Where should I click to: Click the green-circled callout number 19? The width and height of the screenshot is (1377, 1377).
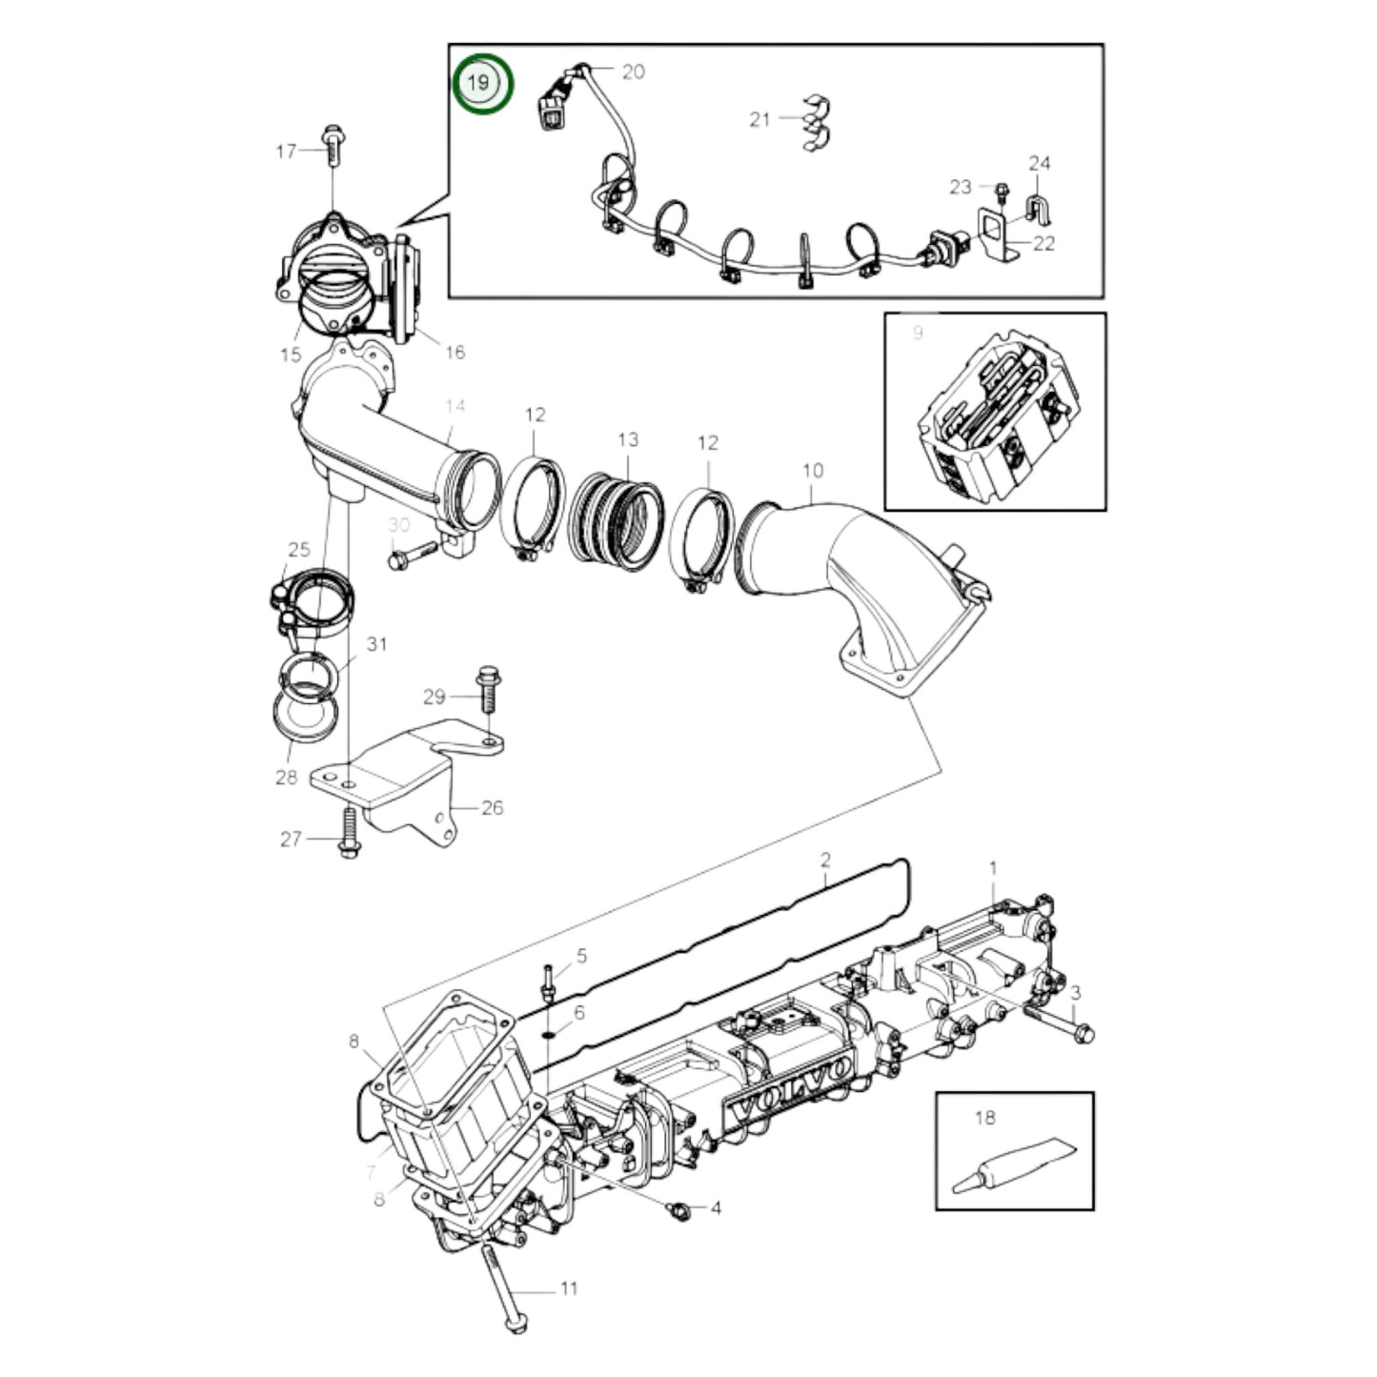(x=482, y=84)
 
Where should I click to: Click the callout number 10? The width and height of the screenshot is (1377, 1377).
(x=812, y=471)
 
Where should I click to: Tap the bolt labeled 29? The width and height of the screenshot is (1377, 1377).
(x=486, y=688)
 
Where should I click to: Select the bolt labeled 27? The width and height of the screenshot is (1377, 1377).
(x=348, y=833)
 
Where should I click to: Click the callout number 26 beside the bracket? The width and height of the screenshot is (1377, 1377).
(x=492, y=808)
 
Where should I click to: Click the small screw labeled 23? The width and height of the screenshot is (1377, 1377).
(x=1002, y=192)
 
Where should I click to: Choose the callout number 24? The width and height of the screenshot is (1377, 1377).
(x=1039, y=163)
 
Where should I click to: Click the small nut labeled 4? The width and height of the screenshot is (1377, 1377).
(x=678, y=1209)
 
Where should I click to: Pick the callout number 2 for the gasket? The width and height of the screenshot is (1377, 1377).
(x=825, y=860)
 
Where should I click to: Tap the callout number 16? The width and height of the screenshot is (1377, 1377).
(x=456, y=353)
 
